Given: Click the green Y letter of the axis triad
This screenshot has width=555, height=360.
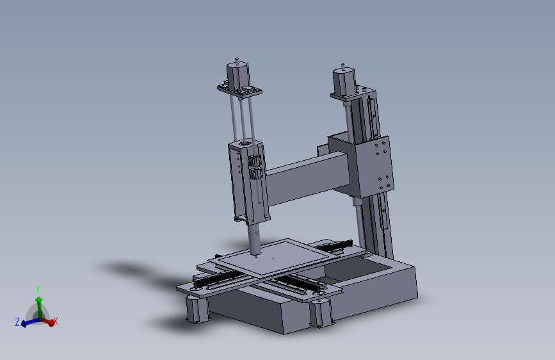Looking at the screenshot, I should [38, 289].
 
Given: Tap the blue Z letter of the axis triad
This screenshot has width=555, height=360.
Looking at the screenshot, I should [17, 322].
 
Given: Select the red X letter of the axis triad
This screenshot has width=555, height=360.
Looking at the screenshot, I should [56, 322].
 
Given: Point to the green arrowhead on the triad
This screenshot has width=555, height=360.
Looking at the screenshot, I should [38, 299].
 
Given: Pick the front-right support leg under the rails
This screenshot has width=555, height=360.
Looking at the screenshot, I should [321, 313].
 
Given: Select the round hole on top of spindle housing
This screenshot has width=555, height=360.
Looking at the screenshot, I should [246, 142].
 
